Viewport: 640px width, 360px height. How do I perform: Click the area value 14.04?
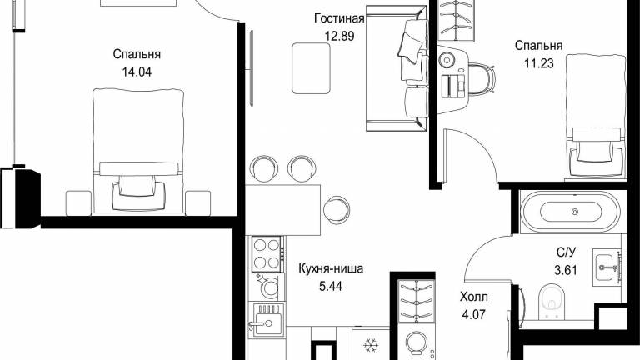click(137, 72)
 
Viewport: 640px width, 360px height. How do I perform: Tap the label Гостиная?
click(339, 18)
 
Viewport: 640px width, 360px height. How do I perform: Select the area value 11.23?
click(539, 63)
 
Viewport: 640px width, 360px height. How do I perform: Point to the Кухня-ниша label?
click(331, 268)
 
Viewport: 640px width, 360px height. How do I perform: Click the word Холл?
click(473, 297)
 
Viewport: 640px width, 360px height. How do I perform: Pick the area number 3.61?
click(566, 270)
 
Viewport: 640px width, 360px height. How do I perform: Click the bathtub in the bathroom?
click(571, 212)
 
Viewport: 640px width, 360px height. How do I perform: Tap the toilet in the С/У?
click(552, 302)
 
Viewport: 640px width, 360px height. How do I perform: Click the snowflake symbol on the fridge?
click(371, 345)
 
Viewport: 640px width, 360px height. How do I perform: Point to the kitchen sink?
click(266, 320)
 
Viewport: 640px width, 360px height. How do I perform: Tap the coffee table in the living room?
click(311, 68)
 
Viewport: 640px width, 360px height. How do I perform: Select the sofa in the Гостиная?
click(397, 68)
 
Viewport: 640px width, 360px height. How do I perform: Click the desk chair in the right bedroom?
click(482, 78)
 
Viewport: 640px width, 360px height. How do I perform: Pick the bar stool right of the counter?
click(337, 209)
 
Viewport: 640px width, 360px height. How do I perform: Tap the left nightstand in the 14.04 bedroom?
click(78, 202)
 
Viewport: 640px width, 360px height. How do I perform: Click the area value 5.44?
click(331, 286)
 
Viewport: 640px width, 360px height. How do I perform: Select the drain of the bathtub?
click(575, 212)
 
